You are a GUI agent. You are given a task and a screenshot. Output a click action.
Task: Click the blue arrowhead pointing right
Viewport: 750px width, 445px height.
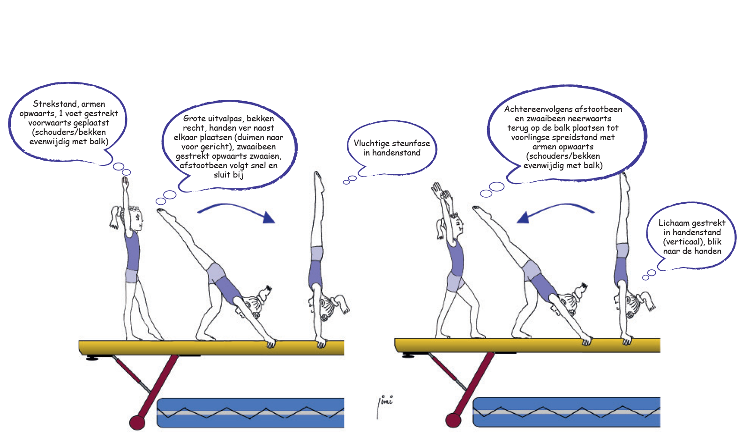click(x=269, y=217)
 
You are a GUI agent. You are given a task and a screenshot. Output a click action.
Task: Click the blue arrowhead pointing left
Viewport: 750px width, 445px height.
click(x=523, y=217)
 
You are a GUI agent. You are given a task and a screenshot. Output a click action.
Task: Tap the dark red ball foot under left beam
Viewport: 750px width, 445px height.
click(x=137, y=422)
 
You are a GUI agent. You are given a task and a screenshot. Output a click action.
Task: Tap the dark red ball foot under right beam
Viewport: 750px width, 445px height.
click(x=453, y=420)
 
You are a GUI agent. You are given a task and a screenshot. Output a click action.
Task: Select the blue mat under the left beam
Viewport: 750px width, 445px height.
click(x=251, y=413)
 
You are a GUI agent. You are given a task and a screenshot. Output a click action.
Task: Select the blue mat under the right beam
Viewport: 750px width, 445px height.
click(x=566, y=412)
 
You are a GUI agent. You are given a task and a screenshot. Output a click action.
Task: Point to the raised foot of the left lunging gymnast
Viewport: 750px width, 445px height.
click(x=161, y=212)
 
